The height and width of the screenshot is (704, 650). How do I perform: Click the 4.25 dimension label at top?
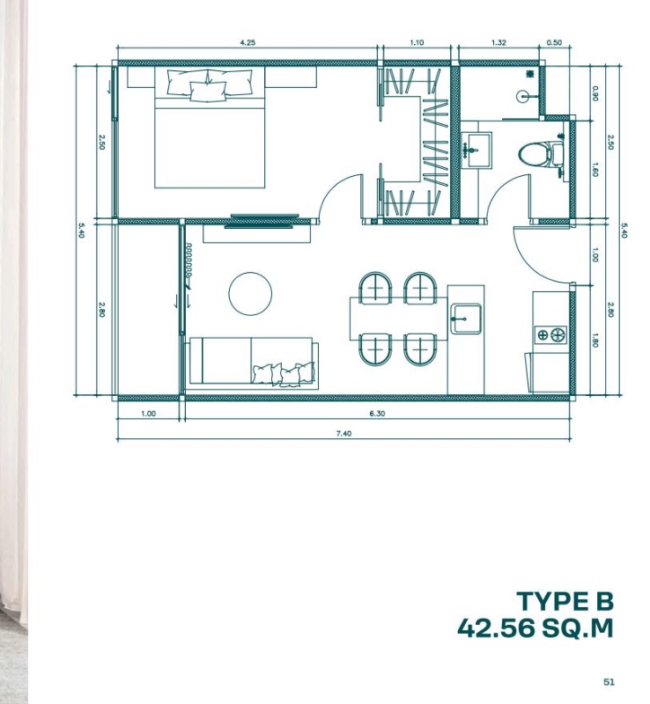click(247, 42)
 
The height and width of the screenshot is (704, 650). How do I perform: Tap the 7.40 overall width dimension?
click(343, 433)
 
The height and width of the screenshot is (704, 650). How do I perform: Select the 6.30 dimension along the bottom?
click(377, 414)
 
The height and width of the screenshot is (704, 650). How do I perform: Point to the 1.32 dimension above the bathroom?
click(499, 42)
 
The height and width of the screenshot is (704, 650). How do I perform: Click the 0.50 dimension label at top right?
click(554, 42)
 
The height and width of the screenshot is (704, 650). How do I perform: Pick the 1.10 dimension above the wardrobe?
click(417, 42)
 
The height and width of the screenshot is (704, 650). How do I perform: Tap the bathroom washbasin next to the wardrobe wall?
click(476, 150)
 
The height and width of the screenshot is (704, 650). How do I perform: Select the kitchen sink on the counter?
click(466, 319)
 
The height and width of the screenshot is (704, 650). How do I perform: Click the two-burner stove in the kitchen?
click(550, 335)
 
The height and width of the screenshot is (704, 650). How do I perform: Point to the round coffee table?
click(250, 294)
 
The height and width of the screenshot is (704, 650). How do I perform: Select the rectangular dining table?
click(399, 319)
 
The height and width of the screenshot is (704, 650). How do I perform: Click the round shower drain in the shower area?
click(523, 96)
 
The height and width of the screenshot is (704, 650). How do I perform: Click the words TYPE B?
click(565, 601)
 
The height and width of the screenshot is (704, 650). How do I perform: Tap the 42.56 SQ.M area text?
click(536, 627)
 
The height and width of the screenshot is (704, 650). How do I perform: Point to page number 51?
click(609, 681)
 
